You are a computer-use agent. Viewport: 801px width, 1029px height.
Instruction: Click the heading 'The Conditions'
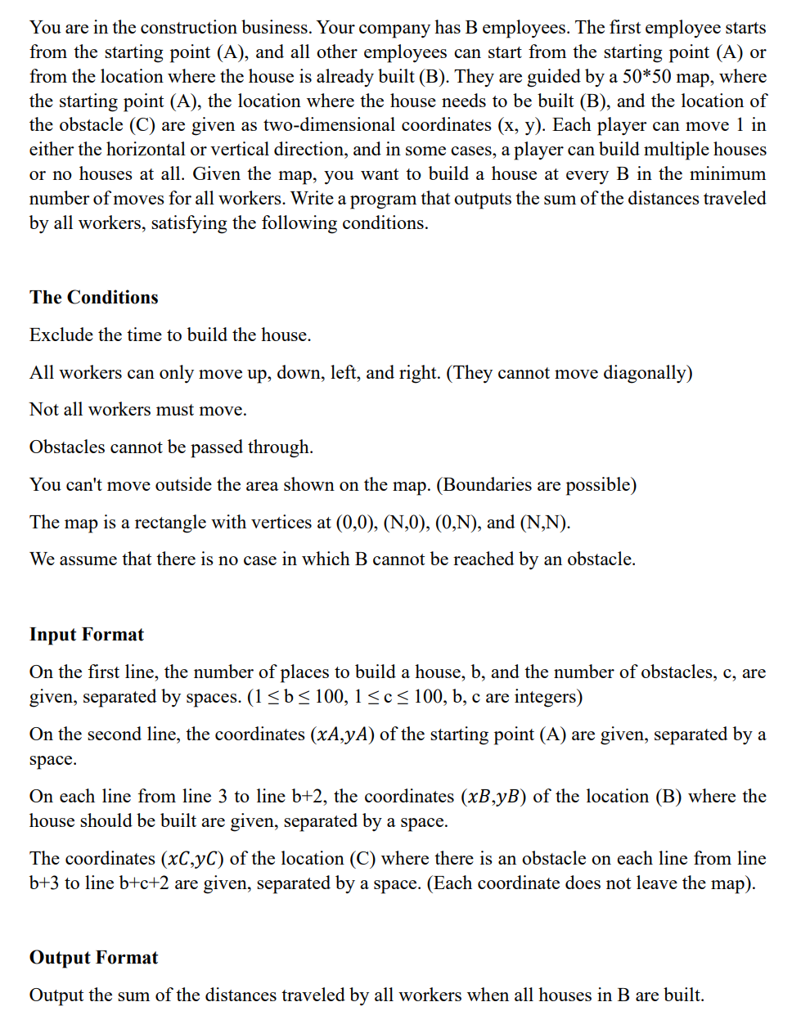[94, 297]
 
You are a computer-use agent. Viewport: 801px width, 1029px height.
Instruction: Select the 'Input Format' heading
[87, 634]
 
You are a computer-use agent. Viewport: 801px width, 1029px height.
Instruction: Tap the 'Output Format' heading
[94, 957]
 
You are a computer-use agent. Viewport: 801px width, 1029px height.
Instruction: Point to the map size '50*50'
[656, 77]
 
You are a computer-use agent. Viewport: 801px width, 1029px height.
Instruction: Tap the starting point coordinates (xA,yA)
[343, 735]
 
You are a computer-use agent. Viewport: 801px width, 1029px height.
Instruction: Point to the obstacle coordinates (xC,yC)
[192, 859]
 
